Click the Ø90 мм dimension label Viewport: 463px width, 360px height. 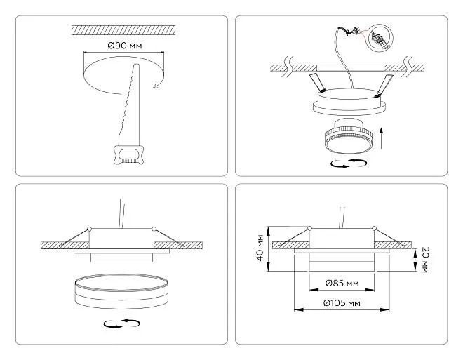[x=125, y=46]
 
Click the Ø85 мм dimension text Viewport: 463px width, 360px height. [x=342, y=284]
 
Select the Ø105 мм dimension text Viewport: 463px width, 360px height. [x=342, y=303]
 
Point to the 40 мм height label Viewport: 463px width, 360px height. [x=260, y=248]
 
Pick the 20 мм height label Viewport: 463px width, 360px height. [x=424, y=260]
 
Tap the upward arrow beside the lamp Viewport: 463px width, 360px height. [x=382, y=139]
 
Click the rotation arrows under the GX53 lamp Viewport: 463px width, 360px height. [x=349, y=164]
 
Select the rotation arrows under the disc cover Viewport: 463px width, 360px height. [x=121, y=324]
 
